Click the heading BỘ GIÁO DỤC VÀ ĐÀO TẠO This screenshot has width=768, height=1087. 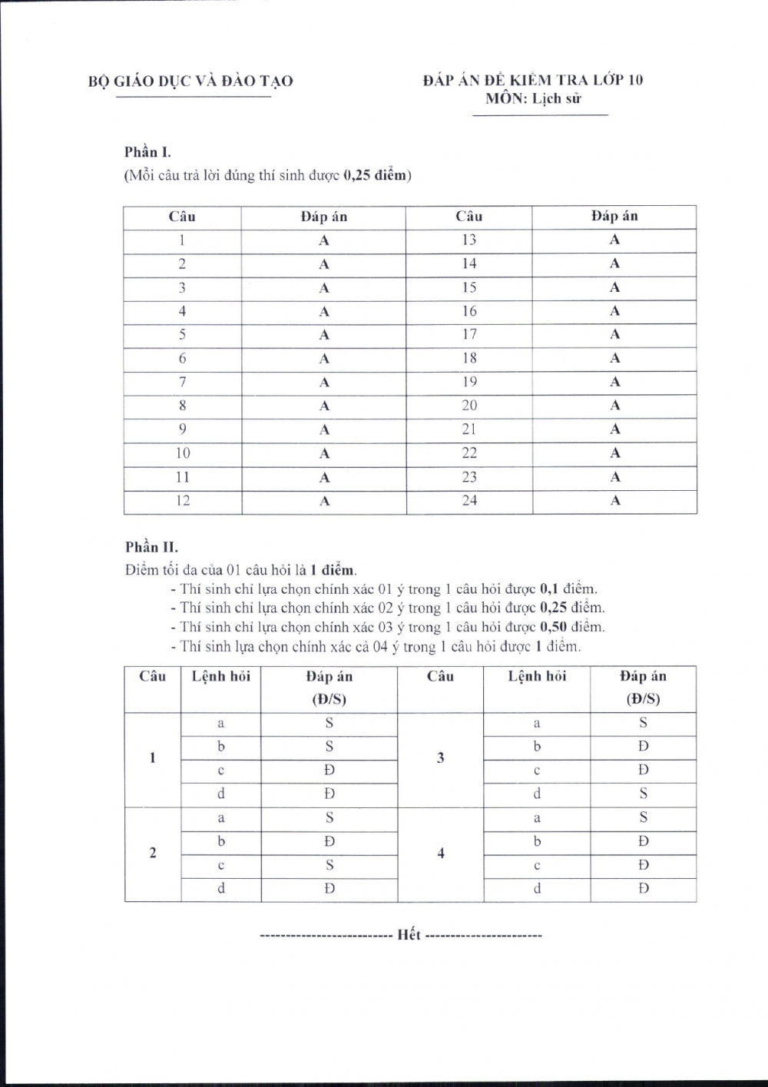(x=190, y=81)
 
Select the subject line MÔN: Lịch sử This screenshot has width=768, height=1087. (x=533, y=98)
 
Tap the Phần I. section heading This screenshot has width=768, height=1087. (x=147, y=152)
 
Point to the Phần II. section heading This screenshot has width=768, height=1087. (x=151, y=547)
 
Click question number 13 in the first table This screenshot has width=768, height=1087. (x=469, y=240)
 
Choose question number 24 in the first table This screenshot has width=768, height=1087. (x=469, y=501)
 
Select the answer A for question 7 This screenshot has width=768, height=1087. (x=324, y=383)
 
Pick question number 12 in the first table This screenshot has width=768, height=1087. (x=183, y=501)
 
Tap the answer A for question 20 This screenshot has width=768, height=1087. (x=614, y=406)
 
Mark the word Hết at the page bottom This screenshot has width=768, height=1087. (x=409, y=935)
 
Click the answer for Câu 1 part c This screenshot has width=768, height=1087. (x=329, y=770)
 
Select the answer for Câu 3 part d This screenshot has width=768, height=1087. (x=643, y=794)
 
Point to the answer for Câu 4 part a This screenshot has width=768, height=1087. (x=643, y=817)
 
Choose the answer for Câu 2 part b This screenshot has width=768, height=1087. (x=329, y=841)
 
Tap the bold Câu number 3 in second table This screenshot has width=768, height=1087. (x=440, y=758)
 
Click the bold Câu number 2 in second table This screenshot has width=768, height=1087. (x=152, y=853)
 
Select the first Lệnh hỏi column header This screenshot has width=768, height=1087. (x=221, y=677)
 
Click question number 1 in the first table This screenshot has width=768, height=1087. (x=183, y=240)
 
